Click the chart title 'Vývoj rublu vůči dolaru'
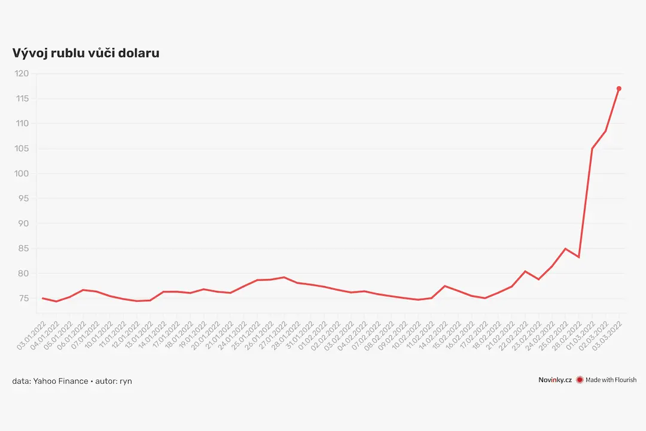pos(86,53)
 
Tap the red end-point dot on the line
pos(619,89)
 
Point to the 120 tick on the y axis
pos(22,74)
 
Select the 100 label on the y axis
pos(22,174)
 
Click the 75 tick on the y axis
pos(24,299)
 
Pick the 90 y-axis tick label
pos(24,223)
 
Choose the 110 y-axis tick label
pos(22,123)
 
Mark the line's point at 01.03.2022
pos(592,148)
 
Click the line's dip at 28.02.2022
pos(579,257)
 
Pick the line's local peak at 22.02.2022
pos(525,271)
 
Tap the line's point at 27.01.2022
pos(284,277)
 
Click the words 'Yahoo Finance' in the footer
pos(60,381)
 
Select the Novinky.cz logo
pos(555,380)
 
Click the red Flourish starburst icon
pos(580,380)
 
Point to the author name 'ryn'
pos(126,382)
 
